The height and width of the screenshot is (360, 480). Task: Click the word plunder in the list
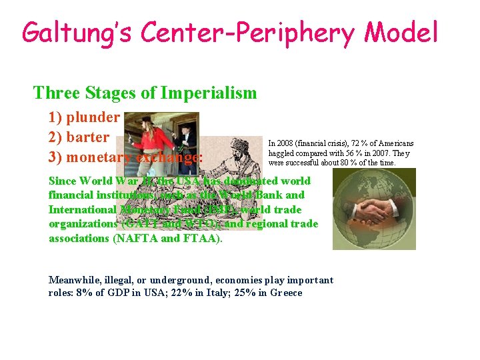[93, 118]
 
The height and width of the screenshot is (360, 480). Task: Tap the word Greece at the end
[287, 293]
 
